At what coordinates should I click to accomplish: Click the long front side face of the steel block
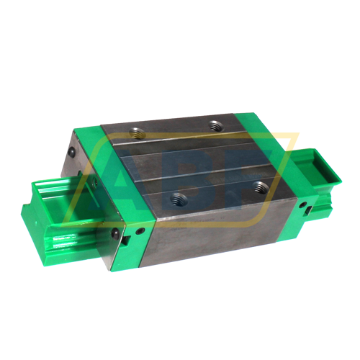pyautogui.click(x=216, y=230)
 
